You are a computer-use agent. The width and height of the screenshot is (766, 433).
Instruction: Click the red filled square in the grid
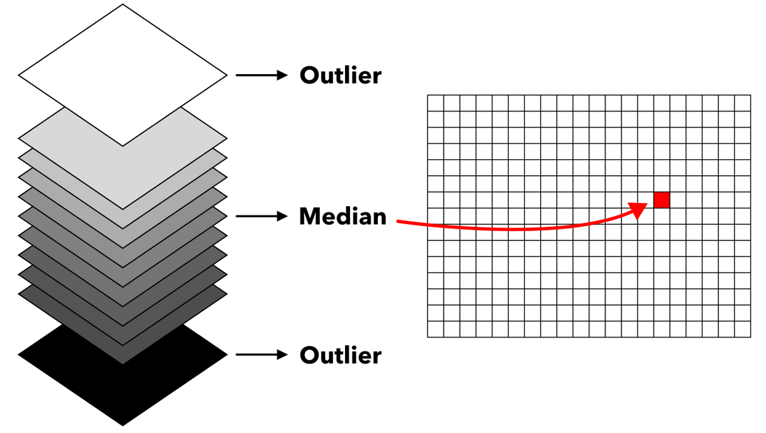click(662, 200)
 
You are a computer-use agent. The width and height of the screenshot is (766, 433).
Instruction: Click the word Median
click(342, 216)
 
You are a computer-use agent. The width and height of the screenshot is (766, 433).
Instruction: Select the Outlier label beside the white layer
click(340, 75)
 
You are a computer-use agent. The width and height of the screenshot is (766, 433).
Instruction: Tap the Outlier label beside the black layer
click(340, 355)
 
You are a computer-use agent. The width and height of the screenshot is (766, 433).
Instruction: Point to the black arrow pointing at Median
click(262, 216)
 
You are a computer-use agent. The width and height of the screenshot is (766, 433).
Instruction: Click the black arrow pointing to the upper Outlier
click(262, 75)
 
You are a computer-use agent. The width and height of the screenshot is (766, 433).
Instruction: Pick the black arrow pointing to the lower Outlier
click(262, 354)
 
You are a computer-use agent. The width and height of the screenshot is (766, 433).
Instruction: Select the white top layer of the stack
click(123, 75)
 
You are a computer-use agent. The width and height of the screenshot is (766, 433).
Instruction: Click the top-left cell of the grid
click(435, 103)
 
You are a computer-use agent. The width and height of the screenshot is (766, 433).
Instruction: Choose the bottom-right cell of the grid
click(743, 329)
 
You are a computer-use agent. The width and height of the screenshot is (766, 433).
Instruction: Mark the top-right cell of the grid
click(743, 103)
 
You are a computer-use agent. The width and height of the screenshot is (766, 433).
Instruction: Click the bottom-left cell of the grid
click(435, 329)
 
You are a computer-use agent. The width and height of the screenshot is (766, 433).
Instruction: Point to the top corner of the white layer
click(123, 5)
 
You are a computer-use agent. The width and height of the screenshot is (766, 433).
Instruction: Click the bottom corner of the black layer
click(123, 426)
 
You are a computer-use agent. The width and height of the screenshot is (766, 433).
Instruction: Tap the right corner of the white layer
click(227, 75)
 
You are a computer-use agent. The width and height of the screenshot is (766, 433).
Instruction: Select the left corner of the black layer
click(18, 355)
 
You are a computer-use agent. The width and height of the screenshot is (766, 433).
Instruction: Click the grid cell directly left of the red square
click(645, 200)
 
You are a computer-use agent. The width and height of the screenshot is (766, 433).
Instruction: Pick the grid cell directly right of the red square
click(678, 200)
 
